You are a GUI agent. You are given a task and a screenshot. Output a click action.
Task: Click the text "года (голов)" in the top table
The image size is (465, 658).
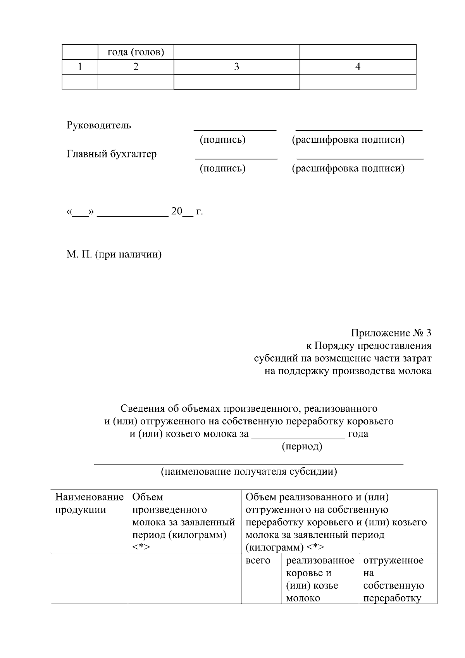(135, 52)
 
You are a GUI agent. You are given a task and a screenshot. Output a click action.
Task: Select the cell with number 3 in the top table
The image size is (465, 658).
(236, 67)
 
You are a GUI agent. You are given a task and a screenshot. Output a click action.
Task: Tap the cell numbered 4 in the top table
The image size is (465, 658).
(358, 67)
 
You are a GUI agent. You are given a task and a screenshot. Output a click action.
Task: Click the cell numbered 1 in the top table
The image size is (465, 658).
(80, 67)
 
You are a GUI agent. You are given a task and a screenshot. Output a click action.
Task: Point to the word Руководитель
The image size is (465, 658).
(99, 125)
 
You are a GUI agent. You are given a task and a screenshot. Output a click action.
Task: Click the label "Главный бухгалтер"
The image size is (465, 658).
(112, 154)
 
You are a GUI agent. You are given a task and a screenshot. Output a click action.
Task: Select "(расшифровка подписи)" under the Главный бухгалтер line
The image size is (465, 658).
(348, 168)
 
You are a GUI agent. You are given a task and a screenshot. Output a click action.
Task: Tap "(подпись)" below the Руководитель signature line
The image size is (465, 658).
(222, 140)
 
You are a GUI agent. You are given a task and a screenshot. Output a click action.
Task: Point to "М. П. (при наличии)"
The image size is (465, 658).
(114, 254)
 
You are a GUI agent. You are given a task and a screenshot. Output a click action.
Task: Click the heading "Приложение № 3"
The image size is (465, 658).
(391, 333)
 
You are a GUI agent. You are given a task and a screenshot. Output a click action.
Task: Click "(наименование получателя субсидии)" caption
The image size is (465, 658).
(249, 471)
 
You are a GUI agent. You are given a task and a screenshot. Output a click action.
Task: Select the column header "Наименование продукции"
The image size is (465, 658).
(89, 503)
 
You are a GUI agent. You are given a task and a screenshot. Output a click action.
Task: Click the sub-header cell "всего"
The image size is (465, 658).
(258, 560)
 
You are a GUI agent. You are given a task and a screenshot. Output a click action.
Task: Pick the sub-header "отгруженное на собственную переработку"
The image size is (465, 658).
(394, 579)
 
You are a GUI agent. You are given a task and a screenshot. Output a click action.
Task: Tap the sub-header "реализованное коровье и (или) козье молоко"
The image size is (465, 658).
(320, 579)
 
